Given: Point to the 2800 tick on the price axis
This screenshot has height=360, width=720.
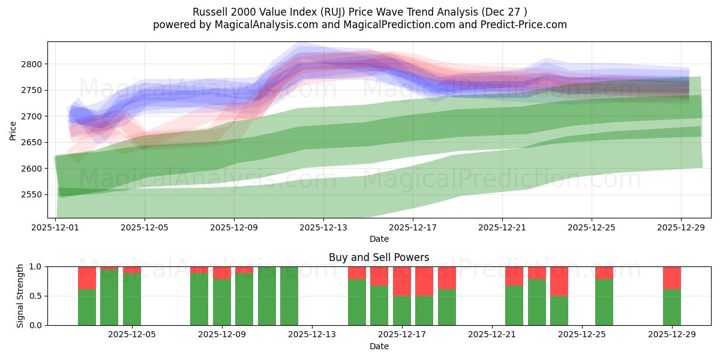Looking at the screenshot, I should coord(33,64).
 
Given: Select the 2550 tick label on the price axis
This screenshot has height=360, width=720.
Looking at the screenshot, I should coord(33,194).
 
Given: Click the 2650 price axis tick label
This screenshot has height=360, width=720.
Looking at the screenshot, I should coord(33,142).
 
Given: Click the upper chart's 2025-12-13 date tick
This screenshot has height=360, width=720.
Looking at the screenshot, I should coord(323,228).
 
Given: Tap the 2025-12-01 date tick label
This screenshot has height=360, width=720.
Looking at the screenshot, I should coord(55,228).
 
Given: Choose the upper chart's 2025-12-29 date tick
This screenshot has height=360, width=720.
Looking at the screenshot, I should coord(680,228).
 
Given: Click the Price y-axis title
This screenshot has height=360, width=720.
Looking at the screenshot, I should coord(13,130).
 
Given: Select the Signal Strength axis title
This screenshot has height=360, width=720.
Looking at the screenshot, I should coord(20,296).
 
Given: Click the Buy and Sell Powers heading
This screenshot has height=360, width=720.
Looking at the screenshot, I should coord(379,257).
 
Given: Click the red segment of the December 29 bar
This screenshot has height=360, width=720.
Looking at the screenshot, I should coord(672,278).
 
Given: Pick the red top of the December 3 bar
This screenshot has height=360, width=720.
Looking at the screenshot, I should coord(87,278).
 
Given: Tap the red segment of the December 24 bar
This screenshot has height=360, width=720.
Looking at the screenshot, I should coord(559,281).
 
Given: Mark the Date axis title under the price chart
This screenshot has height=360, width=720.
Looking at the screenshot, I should coord(379,239).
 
